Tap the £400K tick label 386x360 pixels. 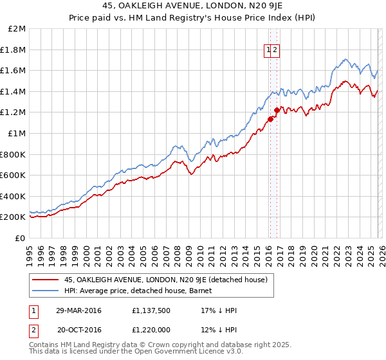coord(13,196)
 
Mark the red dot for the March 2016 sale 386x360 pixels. coord(270,118)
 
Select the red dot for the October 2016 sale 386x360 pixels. coord(277,110)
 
